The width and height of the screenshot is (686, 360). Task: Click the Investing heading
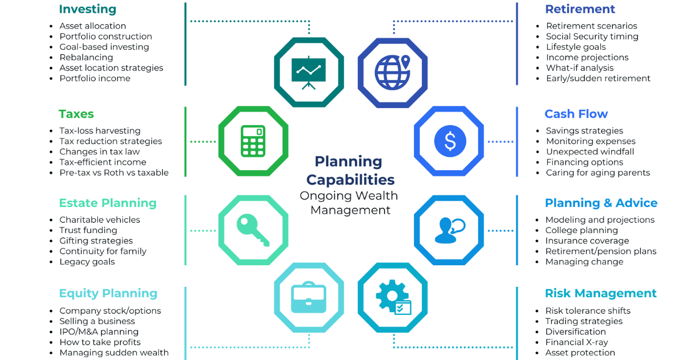[87, 9]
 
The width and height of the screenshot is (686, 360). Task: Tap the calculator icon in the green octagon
[253, 141]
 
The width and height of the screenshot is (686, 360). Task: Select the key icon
[253, 230]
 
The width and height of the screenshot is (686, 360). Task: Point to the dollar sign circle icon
[450, 141]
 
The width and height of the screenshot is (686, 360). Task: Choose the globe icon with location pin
[393, 72]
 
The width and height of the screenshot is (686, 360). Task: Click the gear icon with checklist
[393, 297]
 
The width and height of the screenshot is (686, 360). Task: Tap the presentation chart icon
[308, 73]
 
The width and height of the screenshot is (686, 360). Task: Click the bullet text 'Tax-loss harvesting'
[100, 131]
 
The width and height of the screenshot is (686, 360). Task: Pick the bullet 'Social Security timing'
[592, 37]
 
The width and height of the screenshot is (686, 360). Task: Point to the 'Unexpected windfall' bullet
[590, 151]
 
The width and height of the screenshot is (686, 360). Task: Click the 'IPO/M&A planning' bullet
[99, 331]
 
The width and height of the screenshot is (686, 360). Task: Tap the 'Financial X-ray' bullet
[577, 342]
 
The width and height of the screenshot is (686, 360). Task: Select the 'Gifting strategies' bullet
[96, 241]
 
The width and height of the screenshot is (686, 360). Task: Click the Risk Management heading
[601, 293]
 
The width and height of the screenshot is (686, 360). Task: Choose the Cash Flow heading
[576, 114]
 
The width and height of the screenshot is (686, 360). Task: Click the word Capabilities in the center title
[350, 179]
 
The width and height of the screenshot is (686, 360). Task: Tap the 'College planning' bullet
[581, 230]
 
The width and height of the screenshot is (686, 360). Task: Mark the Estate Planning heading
[108, 203]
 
